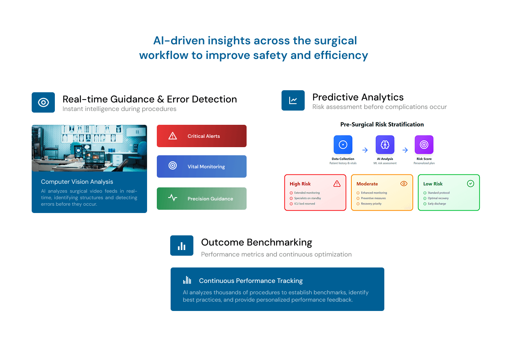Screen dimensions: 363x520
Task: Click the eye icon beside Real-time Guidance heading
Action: (x=43, y=102)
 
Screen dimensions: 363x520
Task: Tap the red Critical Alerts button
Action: (x=201, y=136)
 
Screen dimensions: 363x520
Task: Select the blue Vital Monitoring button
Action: (x=201, y=166)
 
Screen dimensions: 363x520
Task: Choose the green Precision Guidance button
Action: (x=201, y=198)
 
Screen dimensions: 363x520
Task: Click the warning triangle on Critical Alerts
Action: (x=173, y=136)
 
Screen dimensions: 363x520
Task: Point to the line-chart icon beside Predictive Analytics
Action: (x=293, y=100)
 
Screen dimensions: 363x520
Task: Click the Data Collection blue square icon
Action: (x=343, y=145)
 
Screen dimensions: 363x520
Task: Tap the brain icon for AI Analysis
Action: (x=385, y=145)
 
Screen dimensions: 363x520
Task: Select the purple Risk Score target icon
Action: (x=424, y=145)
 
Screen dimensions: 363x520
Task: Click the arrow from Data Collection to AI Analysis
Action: (x=365, y=150)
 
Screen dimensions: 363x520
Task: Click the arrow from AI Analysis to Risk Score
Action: (x=405, y=150)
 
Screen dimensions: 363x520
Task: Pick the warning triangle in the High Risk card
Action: (x=337, y=184)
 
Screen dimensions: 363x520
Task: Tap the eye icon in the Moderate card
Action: (x=403, y=184)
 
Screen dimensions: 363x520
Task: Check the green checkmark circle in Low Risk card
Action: (x=470, y=184)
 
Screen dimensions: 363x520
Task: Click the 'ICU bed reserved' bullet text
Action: (x=305, y=204)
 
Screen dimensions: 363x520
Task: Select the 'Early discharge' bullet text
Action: (x=437, y=204)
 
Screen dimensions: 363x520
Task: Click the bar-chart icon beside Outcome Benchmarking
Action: (x=182, y=246)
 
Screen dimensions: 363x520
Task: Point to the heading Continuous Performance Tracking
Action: (x=251, y=281)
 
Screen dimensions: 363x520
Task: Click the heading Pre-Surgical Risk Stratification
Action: (x=382, y=124)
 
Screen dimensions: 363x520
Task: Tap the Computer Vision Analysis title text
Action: (x=77, y=182)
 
